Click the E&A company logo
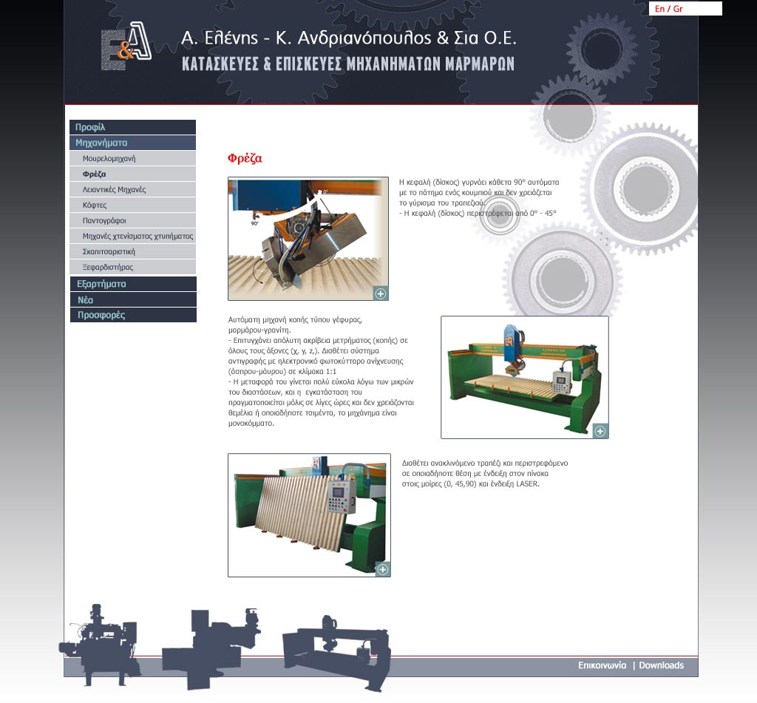126,47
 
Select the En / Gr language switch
668,9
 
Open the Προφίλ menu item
133,127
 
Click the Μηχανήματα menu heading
133,143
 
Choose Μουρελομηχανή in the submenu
109,158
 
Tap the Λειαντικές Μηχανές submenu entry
114,189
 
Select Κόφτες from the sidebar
95,205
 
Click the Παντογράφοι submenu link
104,220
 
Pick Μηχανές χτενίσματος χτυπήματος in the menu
138,236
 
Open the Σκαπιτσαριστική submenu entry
109,251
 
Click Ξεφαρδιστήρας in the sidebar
108,267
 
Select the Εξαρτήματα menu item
133,284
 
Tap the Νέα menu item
133,299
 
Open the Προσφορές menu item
133,315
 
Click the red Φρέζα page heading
245,158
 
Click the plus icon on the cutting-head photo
381,293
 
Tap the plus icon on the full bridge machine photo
600,431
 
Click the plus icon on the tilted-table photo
382,569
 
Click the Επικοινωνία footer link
602,665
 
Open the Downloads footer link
662,665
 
